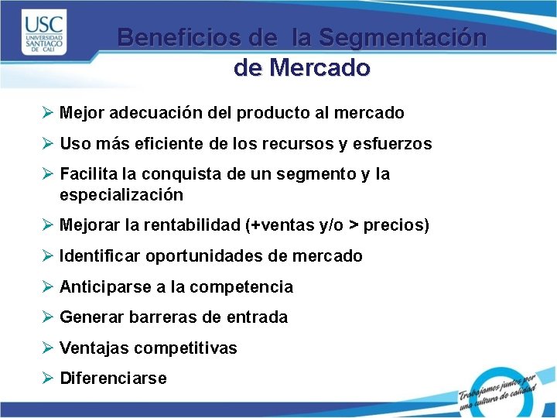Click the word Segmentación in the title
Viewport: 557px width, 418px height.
[x=403, y=37]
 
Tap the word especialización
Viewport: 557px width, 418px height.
[x=121, y=194]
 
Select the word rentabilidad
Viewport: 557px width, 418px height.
[x=191, y=225]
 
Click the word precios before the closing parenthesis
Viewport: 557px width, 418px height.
[x=393, y=225]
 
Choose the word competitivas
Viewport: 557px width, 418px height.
[x=186, y=348]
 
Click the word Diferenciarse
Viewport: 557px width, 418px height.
[x=113, y=379]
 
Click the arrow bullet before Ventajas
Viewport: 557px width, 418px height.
[x=48, y=348]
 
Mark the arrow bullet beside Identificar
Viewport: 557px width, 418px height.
[x=48, y=255]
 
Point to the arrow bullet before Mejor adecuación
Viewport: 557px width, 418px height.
[x=48, y=112]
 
